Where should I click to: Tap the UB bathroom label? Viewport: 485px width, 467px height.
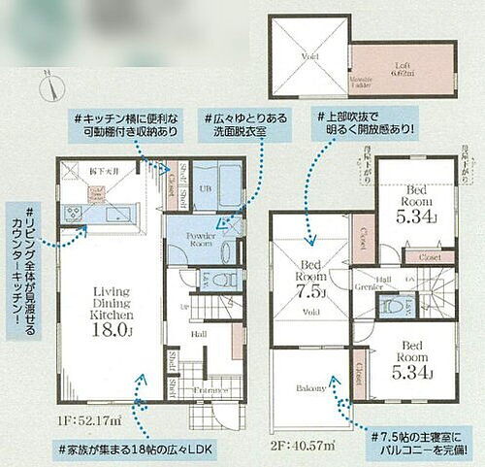[205, 187]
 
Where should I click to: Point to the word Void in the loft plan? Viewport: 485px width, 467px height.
[310, 57]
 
